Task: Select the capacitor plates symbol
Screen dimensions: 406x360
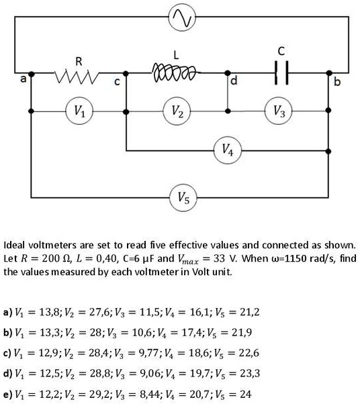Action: coord(281,74)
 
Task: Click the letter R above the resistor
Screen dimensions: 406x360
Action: coord(79,60)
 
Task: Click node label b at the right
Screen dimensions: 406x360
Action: coord(339,82)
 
